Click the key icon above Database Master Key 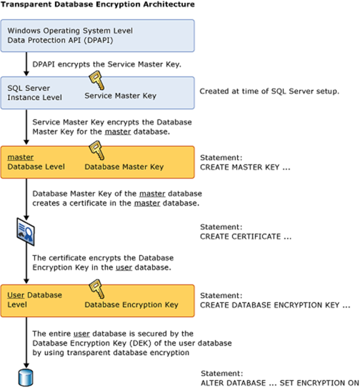click(94, 150)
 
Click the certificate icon click(26, 230)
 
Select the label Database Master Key click(124, 166)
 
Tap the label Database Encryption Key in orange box click(131, 305)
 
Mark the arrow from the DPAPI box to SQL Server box click(26, 65)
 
